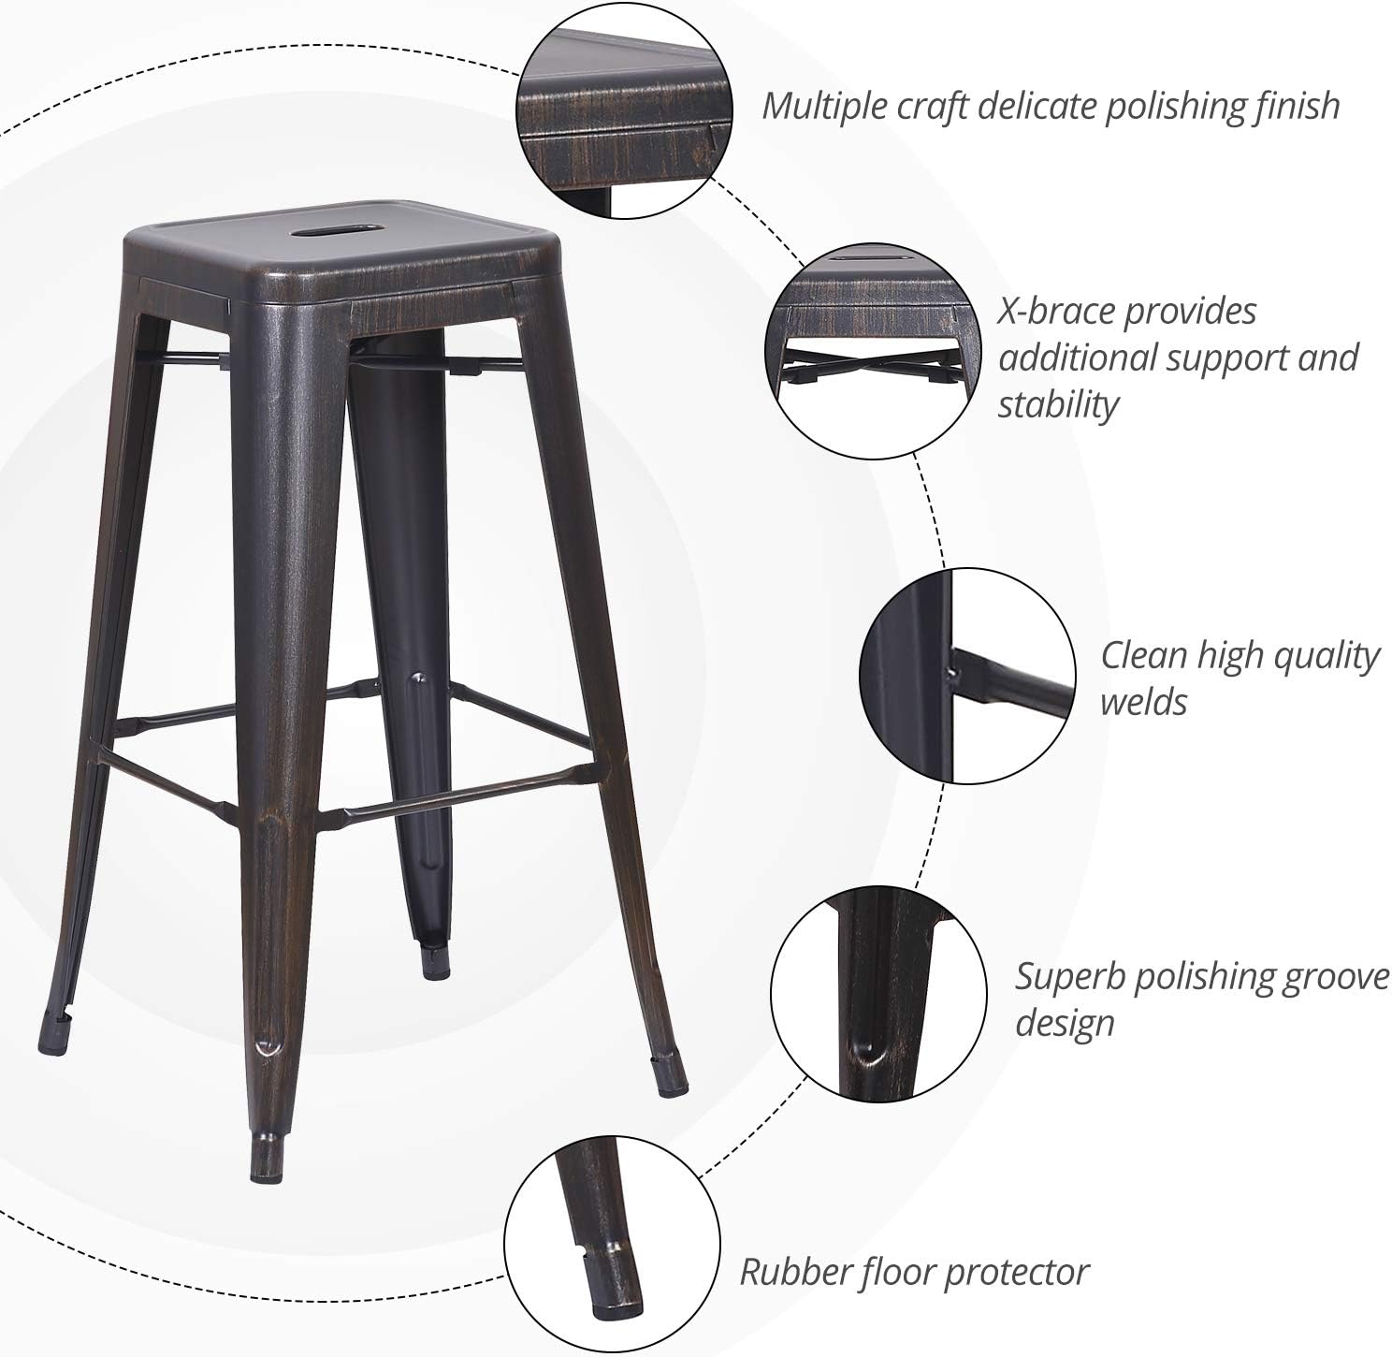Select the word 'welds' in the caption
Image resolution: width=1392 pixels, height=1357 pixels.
click(x=1143, y=702)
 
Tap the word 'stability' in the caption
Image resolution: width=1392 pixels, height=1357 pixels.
click(x=1057, y=404)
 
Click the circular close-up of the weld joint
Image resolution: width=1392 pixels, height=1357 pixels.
click(x=966, y=676)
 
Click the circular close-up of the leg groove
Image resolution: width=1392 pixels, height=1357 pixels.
click(x=878, y=993)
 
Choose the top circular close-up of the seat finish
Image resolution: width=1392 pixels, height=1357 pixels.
click(x=624, y=110)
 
